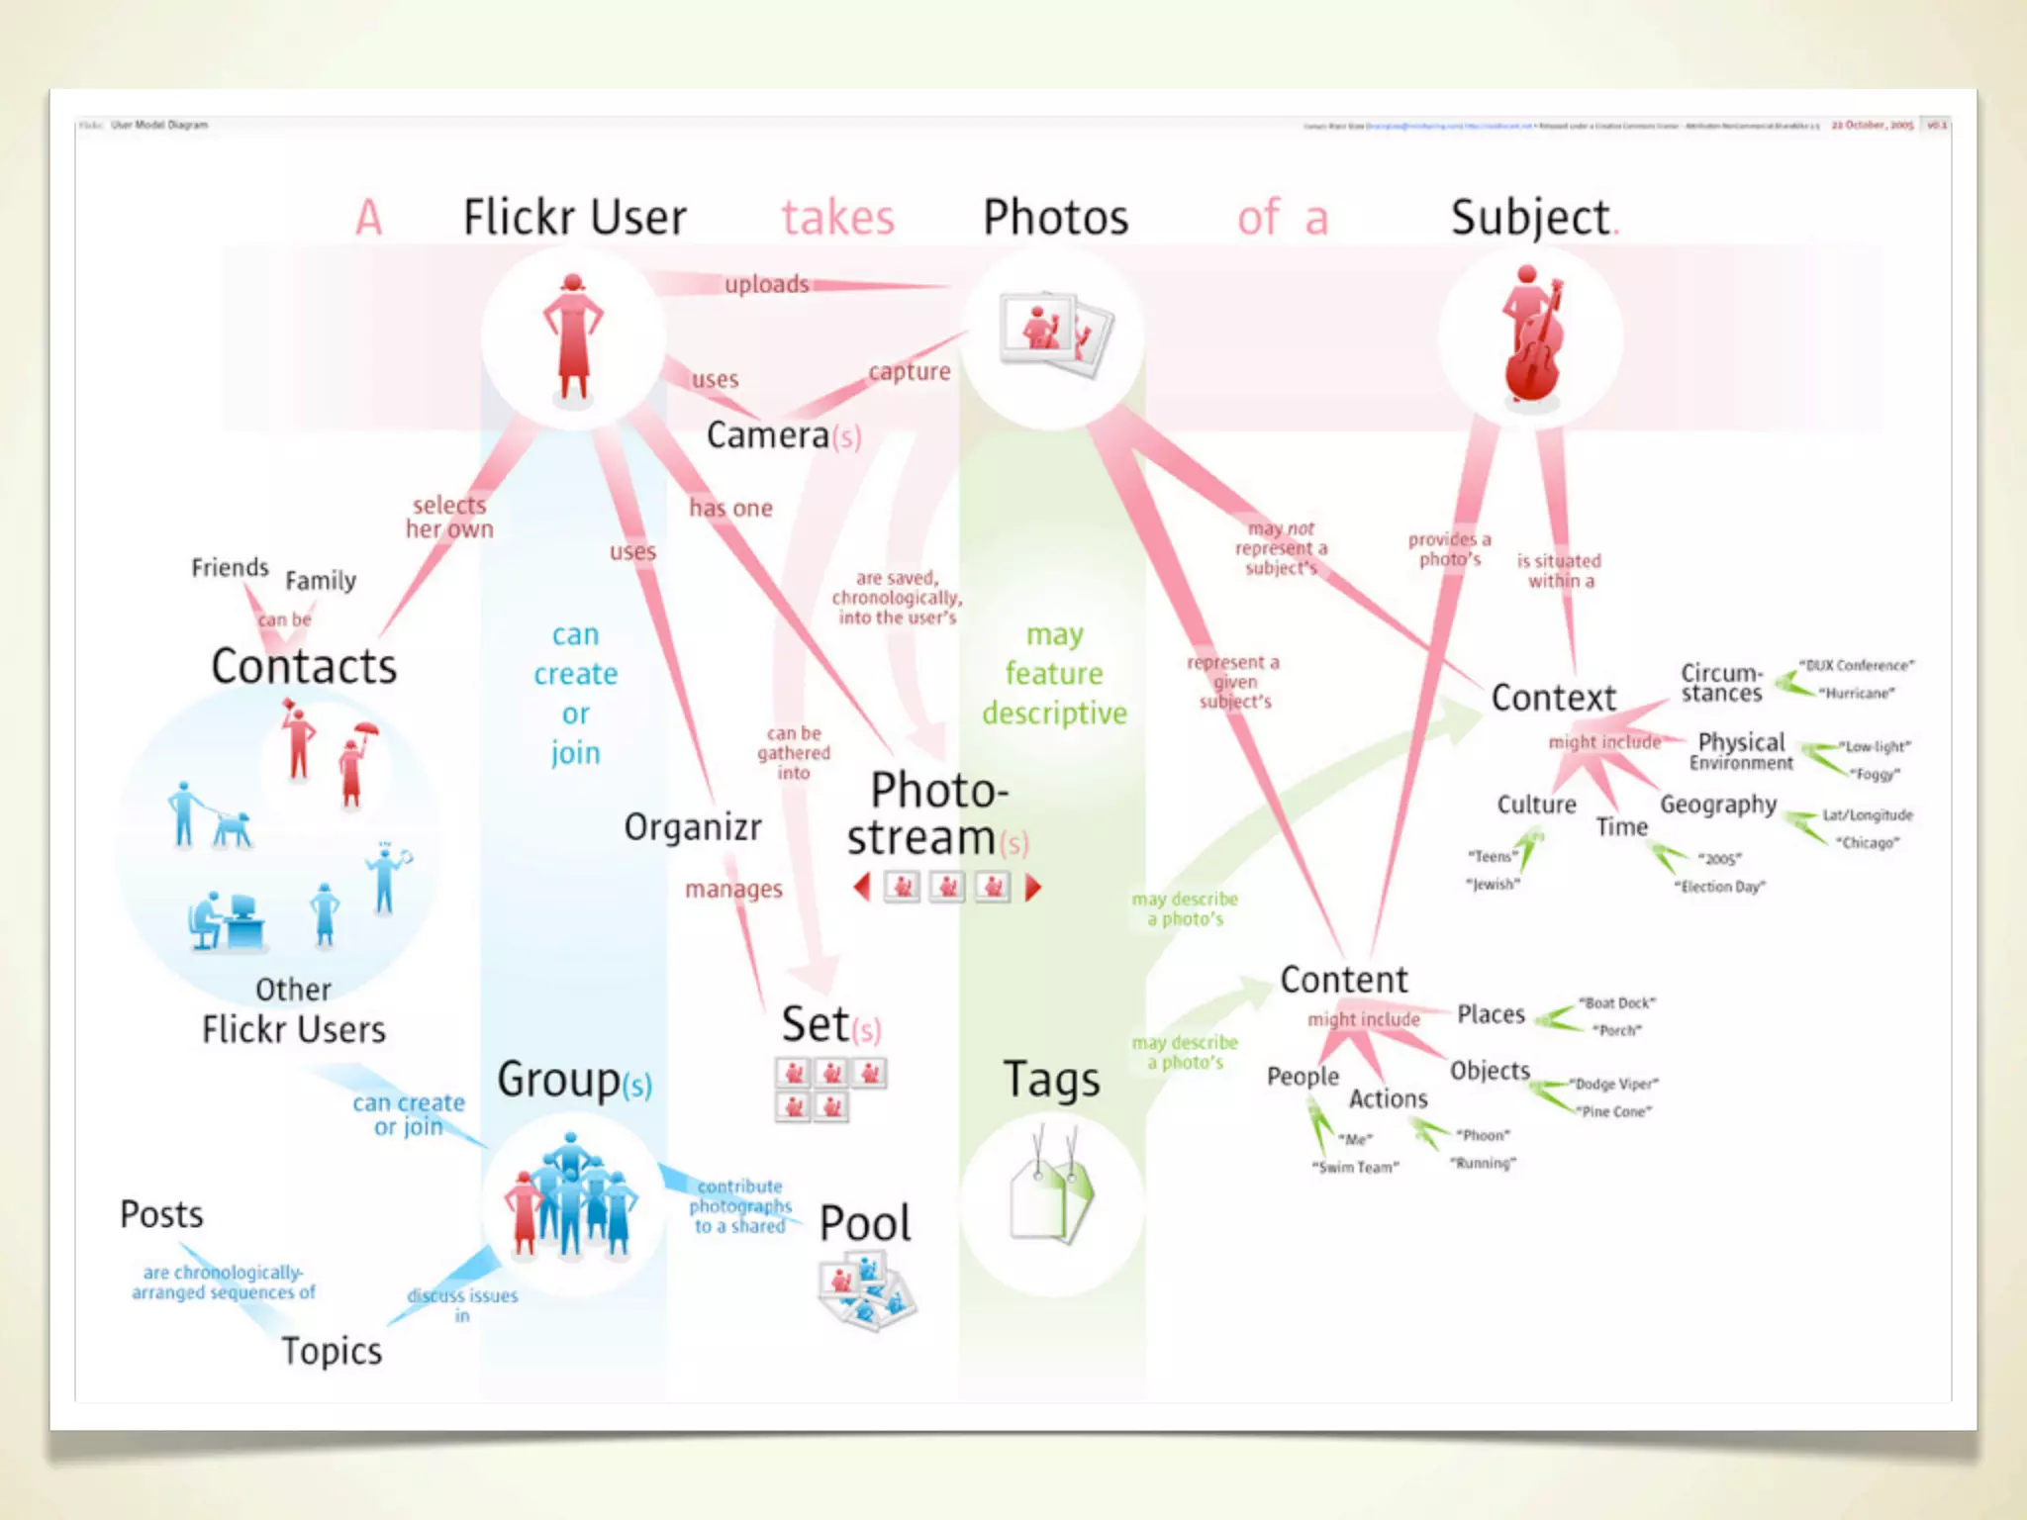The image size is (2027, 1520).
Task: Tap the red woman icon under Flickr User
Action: click(x=573, y=336)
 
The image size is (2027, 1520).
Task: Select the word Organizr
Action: click(x=693, y=827)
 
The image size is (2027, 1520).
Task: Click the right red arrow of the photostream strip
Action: click(x=1032, y=888)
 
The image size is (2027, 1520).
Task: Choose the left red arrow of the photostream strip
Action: click(x=862, y=888)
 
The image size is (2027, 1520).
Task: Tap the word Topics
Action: click(x=332, y=1351)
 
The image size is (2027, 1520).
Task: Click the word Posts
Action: click(x=161, y=1214)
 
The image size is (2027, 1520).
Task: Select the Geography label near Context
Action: click(x=1718, y=805)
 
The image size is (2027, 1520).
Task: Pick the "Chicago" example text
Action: click(x=1867, y=843)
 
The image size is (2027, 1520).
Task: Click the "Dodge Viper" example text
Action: click(x=1614, y=1085)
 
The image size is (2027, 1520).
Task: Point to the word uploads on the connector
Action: click(x=767, y=285)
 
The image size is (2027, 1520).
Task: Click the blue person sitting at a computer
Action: click(x=226, y=920)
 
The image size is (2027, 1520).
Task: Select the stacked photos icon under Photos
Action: click(x=1055, y=332)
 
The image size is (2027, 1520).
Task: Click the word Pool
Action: click(x=865, y=1224)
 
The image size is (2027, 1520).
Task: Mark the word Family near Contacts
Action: click(x=321, y=580)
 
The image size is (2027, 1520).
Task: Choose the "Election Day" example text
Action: click(x=1719, y=887)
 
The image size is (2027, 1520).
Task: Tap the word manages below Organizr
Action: click(x=733, y=890)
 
